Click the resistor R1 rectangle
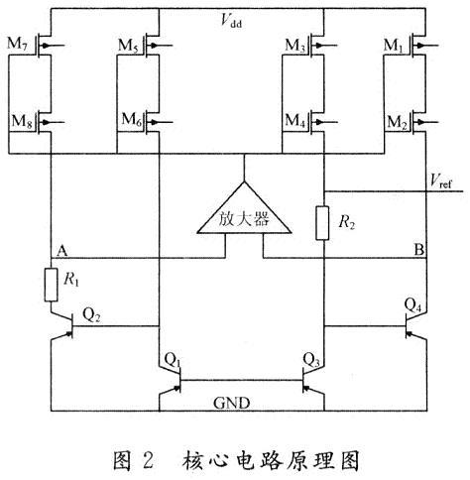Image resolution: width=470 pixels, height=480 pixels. point(53,284)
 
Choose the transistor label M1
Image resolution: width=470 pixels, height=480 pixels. point(399,47)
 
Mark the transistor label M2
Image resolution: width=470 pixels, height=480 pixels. point(399,120)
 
